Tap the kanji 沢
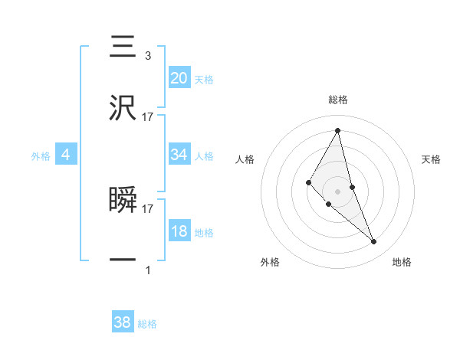[123, 109]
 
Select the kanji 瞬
[123, 200]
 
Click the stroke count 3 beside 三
[147, 55]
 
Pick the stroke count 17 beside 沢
[148, 117]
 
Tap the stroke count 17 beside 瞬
[148, 208]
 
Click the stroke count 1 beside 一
[148, 270]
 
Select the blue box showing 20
[179, 77]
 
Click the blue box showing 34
[179, 155]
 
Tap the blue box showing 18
[179, 231]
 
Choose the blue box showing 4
[66, 155]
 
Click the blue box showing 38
[123, 322]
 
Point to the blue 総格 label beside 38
[147, 324]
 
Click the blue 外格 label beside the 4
[41, 156]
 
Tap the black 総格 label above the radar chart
[338, 100]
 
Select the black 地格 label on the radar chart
[402, 262]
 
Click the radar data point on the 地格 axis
[374, 241]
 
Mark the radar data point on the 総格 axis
[338, 130]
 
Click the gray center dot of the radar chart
[338, 191]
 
